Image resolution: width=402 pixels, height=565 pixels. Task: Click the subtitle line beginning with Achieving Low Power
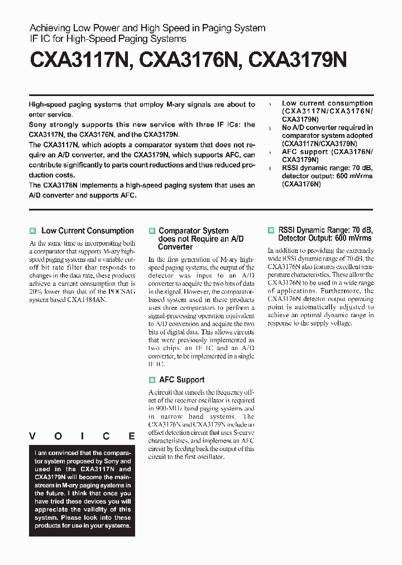coord(147,28)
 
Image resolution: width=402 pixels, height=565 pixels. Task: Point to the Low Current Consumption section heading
coord(88,231)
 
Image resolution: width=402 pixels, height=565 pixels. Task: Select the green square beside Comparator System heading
coord(152,231)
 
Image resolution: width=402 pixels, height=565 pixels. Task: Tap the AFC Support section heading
coord(181,380)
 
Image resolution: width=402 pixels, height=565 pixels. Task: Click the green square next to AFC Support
coord(152,380)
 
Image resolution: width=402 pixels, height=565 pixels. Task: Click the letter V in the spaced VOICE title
coord(32,436)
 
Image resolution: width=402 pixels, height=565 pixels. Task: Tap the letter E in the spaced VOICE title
coord(132,436)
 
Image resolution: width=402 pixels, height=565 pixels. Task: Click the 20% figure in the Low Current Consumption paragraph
coord(36,291)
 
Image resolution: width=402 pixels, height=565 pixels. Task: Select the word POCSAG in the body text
coord(119,291)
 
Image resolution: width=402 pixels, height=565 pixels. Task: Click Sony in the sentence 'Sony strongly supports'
coord(39,125)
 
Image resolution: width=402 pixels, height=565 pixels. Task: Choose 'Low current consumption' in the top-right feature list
coord(327,103)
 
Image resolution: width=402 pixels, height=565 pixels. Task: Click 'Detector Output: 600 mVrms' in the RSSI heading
coord(321,238)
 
